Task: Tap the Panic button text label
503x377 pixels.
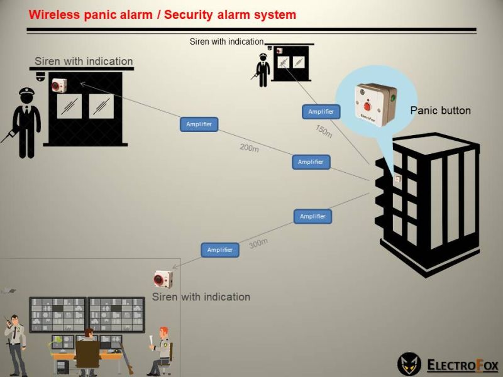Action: coord(440,111)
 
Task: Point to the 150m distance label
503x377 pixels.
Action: coord(323,131)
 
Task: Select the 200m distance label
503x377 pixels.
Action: coord(249,148)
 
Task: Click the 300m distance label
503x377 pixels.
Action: coord(258,243)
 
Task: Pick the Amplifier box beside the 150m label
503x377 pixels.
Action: coord(321,112)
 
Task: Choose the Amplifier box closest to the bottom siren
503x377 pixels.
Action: coord(220,249)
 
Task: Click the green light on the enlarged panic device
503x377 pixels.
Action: coord(393,98)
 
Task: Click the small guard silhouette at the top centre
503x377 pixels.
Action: coord(262,70)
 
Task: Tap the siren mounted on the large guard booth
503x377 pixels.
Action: coord(59,85)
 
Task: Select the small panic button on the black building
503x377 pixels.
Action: coord(397,178)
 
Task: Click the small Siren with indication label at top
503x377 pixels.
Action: coord(226,41)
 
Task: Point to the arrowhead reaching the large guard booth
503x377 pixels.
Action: coord(82,82)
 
